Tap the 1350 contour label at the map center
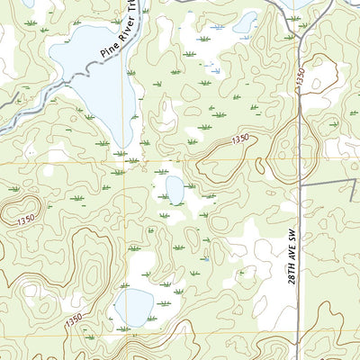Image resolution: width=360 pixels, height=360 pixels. click(x=238, y=139)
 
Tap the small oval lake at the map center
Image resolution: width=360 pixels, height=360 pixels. click(x=174, y=190)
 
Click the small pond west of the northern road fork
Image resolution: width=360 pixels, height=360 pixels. click(x=245, y=22)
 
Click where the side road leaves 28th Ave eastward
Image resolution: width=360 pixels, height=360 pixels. click(x=300, y=186)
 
